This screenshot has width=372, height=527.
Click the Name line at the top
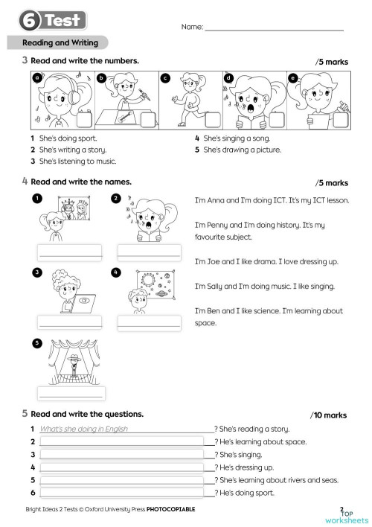(x=274, y=28)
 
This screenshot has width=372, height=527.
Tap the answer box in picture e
(x=343, y=118)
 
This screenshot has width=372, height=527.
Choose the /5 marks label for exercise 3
(x=331, y=61)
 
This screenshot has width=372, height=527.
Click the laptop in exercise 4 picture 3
(x=83, y=301)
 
